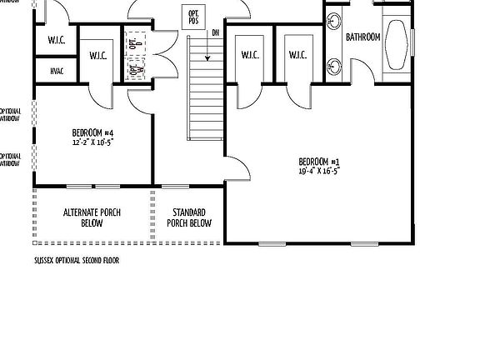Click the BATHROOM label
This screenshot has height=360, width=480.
(363, 37)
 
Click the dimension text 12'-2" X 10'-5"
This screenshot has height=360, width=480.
(92, 142)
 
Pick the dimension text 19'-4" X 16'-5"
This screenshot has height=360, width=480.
(320, 170)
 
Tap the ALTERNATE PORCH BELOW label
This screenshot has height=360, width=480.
(92, 217)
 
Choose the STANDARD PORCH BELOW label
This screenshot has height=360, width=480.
(189, 217)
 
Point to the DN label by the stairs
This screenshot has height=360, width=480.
(216, 32)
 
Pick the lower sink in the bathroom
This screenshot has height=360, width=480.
(334, 60)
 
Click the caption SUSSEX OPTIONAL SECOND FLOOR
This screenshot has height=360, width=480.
(76, 260)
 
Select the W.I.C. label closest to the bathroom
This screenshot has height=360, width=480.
(297, 55)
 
